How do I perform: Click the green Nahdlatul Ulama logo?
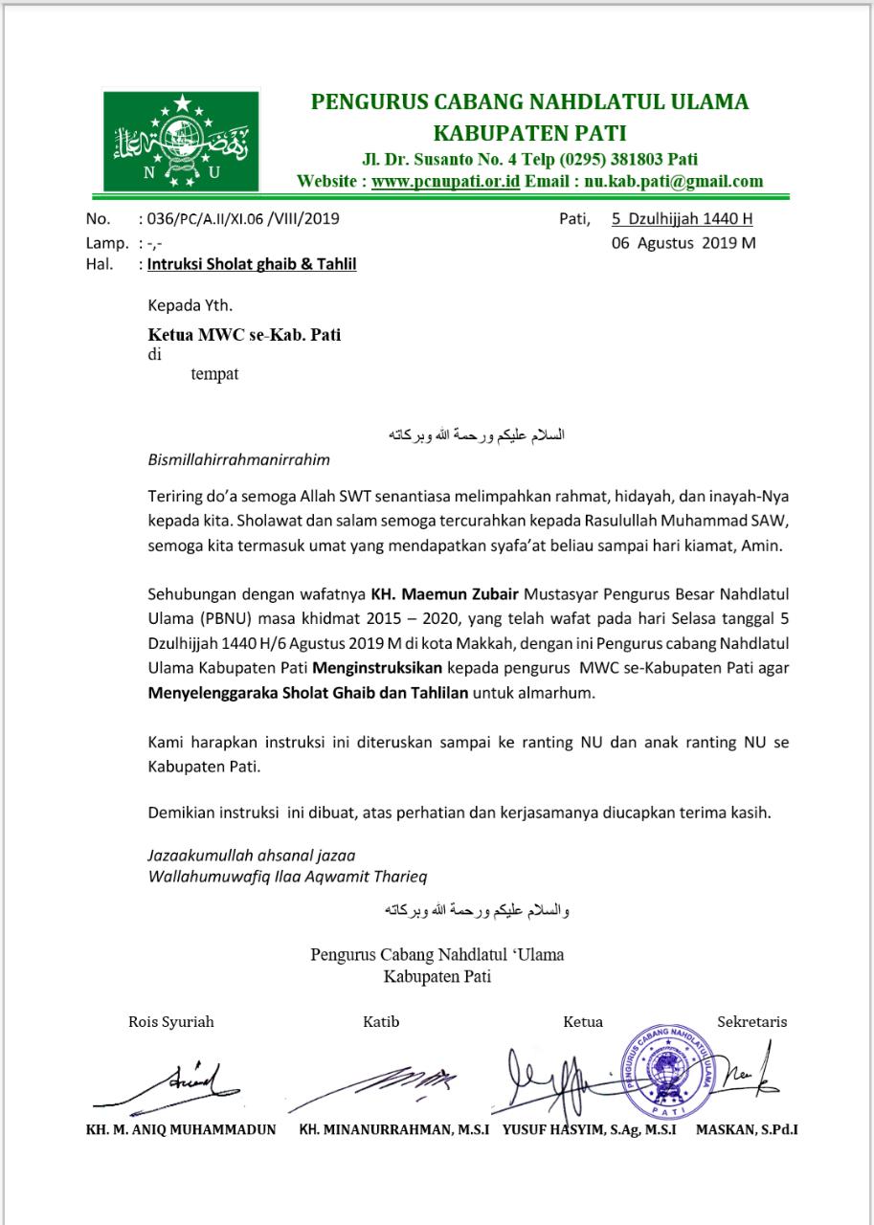tap(181, 140)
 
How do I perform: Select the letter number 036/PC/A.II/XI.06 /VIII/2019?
tap(239, 218)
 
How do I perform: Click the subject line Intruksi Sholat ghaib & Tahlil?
tap(252, 264)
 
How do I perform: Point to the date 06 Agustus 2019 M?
tap(684, 242)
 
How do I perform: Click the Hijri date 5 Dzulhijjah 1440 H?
tap(683, 218)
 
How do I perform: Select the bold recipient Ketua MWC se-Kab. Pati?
tap(244, 335)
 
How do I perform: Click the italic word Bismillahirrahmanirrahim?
tap(238, 459)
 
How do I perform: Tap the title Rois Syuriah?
tap(171, 1021)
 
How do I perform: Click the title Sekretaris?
tap(751, 1021)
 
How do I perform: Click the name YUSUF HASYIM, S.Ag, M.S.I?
tap(590, 1129)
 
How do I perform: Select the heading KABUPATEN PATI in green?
tap(529, 131)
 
